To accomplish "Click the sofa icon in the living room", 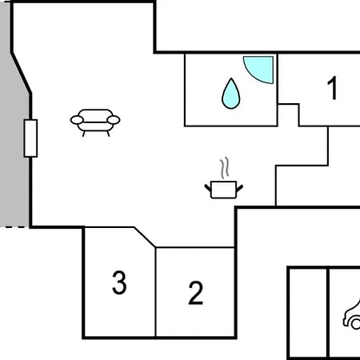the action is click(95, 122).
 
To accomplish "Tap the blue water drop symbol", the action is click(231, 94).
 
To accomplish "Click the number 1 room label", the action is click(333, 88).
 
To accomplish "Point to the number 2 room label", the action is click(196, 293).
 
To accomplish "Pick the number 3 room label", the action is click(119, 282).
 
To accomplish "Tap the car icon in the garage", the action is click(352, 316).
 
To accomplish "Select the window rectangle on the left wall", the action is click(30, 138).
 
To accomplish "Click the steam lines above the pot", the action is click(225, 167).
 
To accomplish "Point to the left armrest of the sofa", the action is click(77, 120).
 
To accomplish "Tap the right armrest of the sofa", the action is click(114, 120).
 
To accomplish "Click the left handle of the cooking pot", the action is click(208, 188).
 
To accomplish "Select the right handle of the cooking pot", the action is click(239, 188).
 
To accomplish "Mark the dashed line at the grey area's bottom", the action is click(14, 227).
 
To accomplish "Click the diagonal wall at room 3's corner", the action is click(145, 237).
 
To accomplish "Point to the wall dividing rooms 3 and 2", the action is click(156, 292).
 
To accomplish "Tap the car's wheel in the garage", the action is click(356, 324).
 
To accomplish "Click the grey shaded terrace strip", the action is click(14, 114).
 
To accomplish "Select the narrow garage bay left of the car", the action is click(308, 314).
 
